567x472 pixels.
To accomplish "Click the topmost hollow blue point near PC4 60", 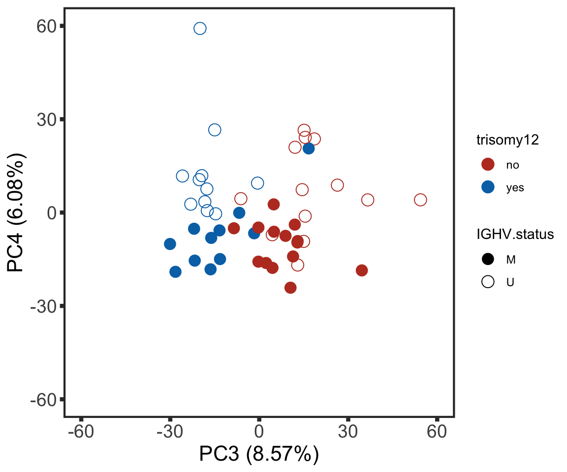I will point(200,29).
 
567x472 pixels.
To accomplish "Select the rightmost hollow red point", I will point(420,200).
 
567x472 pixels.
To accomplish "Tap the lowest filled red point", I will point(290,288).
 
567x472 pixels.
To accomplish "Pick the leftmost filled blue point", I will point(170,244).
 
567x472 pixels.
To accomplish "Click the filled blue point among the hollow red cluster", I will point(309,148).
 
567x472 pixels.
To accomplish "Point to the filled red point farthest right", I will point(362,270).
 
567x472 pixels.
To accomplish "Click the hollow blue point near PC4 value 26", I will point(215,130).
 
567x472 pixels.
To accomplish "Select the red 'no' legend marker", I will point(488,165).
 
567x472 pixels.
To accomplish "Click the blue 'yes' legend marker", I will point(488,187).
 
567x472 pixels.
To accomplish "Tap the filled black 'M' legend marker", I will point(488,259).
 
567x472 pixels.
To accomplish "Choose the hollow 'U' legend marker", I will point(488,282).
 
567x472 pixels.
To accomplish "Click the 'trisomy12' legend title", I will point(507,140).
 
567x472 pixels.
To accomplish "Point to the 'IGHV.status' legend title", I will point(515,235).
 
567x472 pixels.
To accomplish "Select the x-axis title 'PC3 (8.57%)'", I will point(259,454).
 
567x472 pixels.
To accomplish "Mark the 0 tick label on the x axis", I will point(259,432).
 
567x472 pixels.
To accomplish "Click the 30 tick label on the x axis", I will point(348,432).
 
